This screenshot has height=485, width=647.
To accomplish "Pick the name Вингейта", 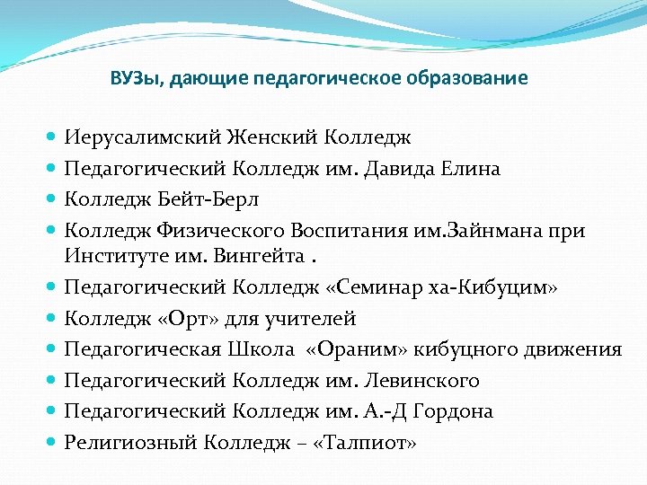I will click(x=259, y=257).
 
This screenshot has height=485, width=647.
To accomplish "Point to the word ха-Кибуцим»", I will click(x=509, y=288).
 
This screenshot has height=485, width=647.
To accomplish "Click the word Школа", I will click(x=260, y=349).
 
